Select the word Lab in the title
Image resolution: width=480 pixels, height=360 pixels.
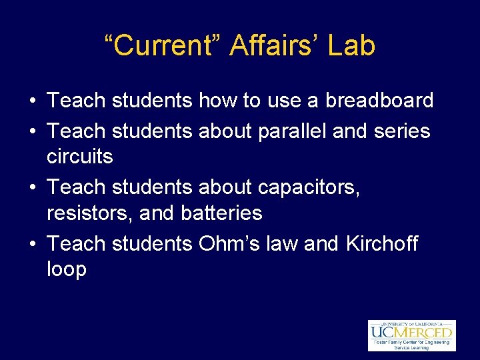tap(354, 46)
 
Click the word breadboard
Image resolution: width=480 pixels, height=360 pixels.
tap(379, 101)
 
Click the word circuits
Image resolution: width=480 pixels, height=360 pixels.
tap(80, 157)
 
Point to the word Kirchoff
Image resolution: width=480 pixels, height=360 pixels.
tap(382, 243)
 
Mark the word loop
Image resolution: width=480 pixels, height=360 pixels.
tap(67, 270)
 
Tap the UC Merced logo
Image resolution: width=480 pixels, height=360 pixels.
tap(411, 335)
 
